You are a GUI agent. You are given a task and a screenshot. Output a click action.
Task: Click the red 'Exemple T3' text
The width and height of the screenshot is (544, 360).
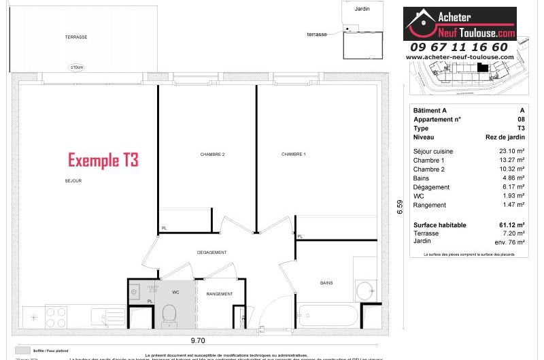click(x=103, y=161)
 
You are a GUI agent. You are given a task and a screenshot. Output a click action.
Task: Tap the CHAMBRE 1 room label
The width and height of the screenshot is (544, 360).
click(x=294, y=154)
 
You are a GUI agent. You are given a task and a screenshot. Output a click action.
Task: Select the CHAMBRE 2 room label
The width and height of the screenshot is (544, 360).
click(x=212, y=154)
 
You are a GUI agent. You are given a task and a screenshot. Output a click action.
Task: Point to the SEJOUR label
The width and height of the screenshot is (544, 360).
click(x=74, y=181)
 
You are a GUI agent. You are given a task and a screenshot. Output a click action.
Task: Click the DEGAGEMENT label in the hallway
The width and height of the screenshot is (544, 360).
click(x=212, y=252)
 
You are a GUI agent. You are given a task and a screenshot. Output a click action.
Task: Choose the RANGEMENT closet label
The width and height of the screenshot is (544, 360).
click(x=220, y=294)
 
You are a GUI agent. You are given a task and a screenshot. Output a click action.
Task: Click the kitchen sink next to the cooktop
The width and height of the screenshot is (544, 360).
click(x=102, y=316)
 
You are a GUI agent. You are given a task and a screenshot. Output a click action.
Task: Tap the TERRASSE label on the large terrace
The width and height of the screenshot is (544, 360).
click(x=76, y=37)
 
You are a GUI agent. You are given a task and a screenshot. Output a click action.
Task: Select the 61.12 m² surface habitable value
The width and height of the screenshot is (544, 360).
click(x=511, y=225)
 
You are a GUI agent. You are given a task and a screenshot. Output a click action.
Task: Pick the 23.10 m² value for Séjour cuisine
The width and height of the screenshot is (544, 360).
click(x=511, y=151)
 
